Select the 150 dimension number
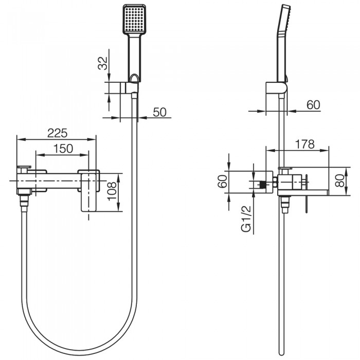(62, 149)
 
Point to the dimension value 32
(103, 63)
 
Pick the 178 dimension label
(304, 145)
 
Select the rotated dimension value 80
(339, 180)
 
